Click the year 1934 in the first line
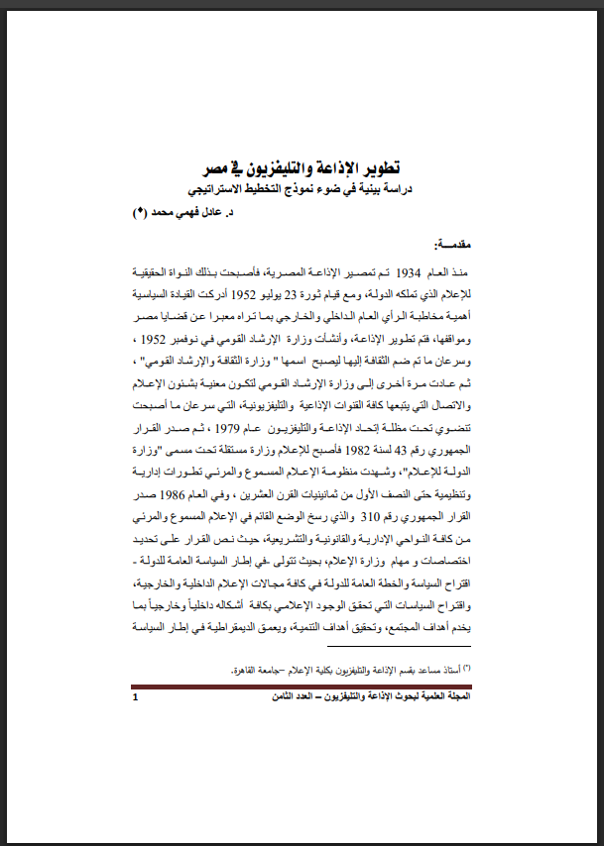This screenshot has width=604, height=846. tap(409, 271)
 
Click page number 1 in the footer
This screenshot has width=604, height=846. tap(136, 697)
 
